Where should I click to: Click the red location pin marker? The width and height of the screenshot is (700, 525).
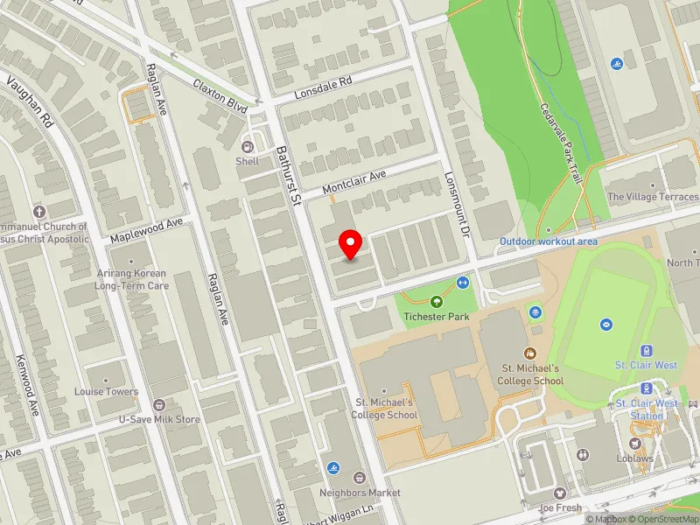(x=351, y=244)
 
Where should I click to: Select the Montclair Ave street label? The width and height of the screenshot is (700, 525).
(x=353, y=182)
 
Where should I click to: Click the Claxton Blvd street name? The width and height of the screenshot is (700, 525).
(x=218, y=89)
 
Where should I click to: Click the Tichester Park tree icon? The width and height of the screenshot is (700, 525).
(x=437, y=301)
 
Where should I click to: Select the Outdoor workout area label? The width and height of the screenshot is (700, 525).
(x=549, y=241)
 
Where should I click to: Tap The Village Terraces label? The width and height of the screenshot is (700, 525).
(x=653, y=197)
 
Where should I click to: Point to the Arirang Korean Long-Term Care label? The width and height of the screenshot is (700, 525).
(x=132, y=279)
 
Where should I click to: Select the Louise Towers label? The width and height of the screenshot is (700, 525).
(x=106, y=392)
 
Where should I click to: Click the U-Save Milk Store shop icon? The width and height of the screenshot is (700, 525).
(x=159, y=404)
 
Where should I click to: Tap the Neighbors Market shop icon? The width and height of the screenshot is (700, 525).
(x=359, y=478)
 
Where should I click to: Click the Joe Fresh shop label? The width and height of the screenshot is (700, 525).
(x=560, y=507)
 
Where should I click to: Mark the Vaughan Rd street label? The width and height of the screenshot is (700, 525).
(x=31, y=102)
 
